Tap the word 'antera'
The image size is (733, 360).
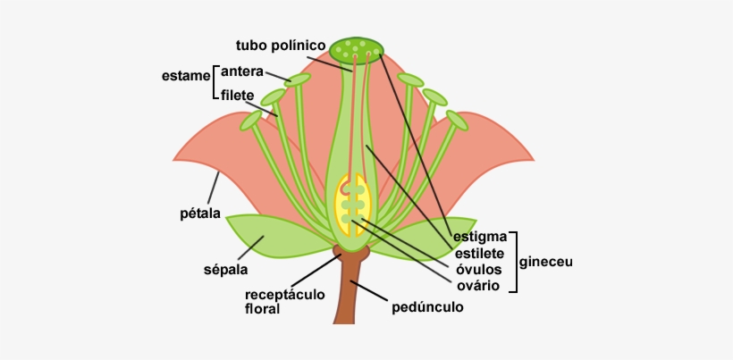click(241, 71)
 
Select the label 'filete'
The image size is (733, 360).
click(239, 96)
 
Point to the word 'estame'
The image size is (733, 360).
click(185, 77)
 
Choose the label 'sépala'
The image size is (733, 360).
click(225, 268)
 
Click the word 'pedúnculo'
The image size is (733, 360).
click(427, 307)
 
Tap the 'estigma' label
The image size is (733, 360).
click(480, 237)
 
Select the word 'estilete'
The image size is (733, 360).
click(480, 254)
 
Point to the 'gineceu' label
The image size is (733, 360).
click(545, 263)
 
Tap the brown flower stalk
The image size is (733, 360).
click(349, 295)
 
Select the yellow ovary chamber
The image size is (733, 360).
click(352, 205)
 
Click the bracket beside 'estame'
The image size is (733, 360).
click(215, 82)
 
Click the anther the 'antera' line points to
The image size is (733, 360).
click(299, 80)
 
